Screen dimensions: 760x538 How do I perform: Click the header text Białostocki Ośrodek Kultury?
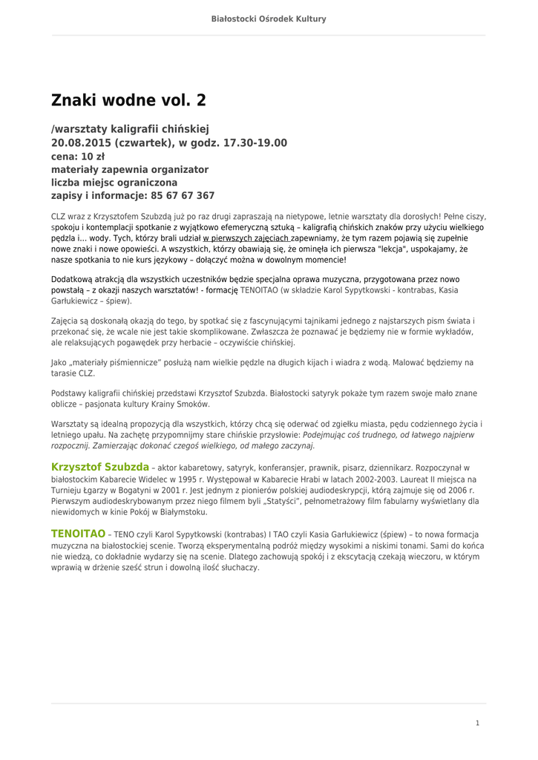click(x=269, y=19)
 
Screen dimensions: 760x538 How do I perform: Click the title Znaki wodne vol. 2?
click(x=128, y=100)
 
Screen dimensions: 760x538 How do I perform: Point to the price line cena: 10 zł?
click(x=78, y=156)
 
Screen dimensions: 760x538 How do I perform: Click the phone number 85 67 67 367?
click(x=183, y=196)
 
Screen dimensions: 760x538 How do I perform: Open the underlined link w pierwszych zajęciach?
click(x=246, y=238)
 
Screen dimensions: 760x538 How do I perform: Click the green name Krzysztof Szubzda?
click(x=100, y=467)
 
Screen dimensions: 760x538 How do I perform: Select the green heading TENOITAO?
click(x=78, y=534)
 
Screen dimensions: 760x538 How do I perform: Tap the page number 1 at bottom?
click(x=478, y=723)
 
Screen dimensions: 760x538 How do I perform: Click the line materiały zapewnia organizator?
click(x=130, y=169)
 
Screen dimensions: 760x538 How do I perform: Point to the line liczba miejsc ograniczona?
click(x=114, y=183)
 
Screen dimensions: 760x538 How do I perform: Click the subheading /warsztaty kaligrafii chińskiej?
click(x=130, y=129)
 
